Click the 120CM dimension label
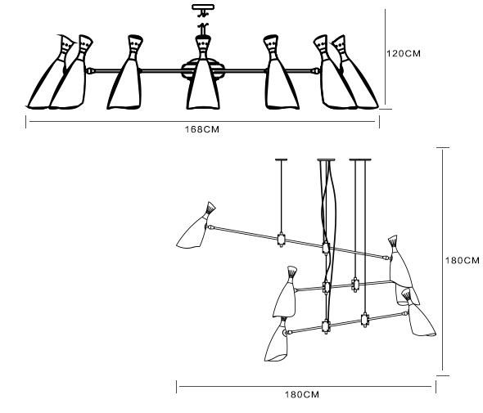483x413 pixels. pos(404,53)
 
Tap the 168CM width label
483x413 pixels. pos(202,129)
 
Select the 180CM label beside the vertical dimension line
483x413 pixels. pos(462,260)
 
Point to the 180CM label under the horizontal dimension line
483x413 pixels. pos(302,394)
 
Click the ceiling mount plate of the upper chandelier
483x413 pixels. pos(203,7)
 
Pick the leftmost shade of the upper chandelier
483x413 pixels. pos(50,72)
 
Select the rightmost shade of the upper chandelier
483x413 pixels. pos(355,72)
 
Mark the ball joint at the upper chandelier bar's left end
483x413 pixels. pos(90,71)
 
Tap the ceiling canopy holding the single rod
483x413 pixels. pos(281,159)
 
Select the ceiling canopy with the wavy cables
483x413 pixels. pos(326,159)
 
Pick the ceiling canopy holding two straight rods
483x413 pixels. pos(360,159)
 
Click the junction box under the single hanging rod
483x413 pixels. pos(281,239)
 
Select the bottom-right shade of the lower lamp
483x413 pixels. pos(419,314)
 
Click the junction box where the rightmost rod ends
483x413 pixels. pos(365,320)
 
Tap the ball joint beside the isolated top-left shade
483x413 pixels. pos(210,227)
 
